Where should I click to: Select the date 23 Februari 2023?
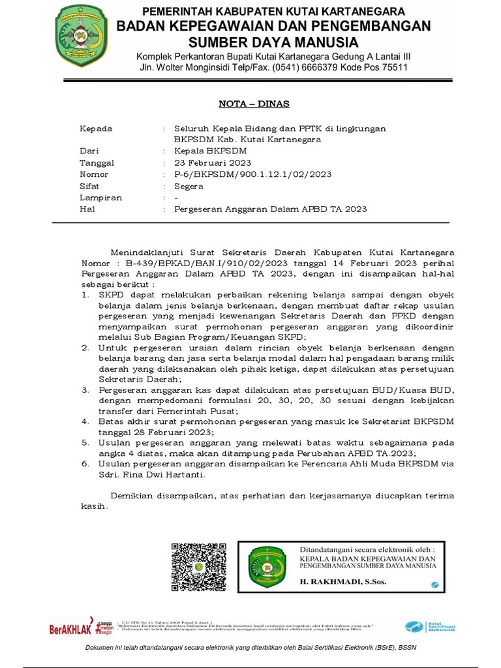pyautogui.click(x=212, y=162)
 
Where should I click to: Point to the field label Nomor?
pyautogui.click(x=94, y=174)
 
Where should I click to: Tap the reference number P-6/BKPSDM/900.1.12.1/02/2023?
pyautogui.click(x=252, y=174)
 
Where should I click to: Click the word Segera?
pyautogui.click(x=189, y=186)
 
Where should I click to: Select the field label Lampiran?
pyautogui.click(x=100, y=198)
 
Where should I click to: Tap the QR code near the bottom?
pyautogui.click(x=200, y=566)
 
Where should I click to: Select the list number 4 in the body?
pyautogui.click(x=85, y=421)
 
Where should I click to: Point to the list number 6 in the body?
pyautogui.click(x=85, y=463)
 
